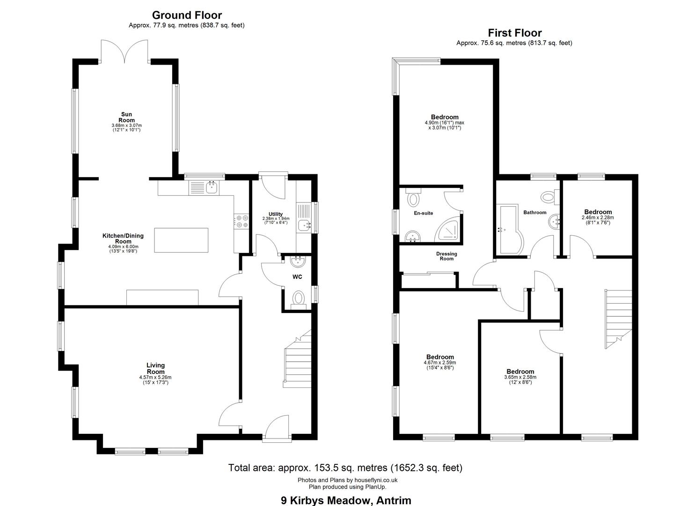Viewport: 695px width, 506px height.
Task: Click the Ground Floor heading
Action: click(187, 15)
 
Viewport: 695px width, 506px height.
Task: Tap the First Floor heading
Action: click(515, 33)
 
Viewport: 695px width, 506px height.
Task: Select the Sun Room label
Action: click(126, 117)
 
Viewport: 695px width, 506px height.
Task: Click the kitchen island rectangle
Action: click(181, 240)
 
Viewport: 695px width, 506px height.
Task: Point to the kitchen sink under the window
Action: click(212, 187)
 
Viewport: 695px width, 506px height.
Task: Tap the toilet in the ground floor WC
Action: click(298, 299)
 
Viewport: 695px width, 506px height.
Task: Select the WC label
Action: click(297, 277)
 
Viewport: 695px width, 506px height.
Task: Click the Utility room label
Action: click(276, 214)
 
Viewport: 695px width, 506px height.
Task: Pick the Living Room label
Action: click(155, 368)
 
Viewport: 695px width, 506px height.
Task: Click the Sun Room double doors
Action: click(124, 51)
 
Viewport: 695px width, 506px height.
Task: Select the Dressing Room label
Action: click(446, 256)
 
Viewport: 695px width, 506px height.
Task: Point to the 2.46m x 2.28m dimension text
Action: click(598, 217)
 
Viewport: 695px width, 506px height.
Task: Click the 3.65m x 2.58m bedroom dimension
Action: click(520, 377)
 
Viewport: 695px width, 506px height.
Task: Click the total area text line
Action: click(345, 468)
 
